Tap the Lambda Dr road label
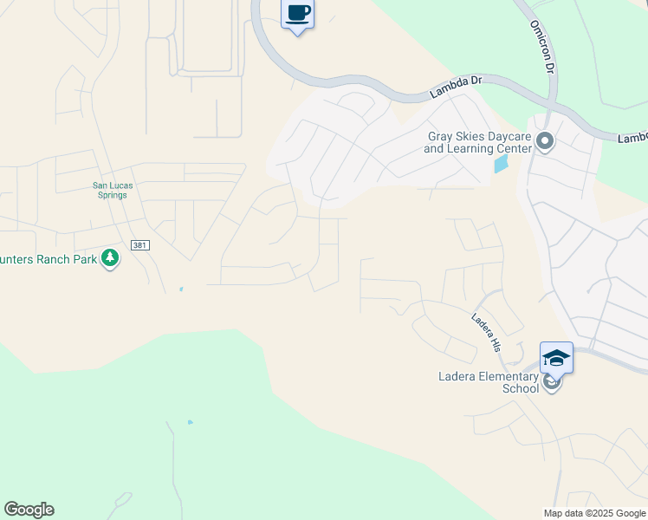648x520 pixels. [x=456, y=82]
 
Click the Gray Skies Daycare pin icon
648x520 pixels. [x=544, y=140]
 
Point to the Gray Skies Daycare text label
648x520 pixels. [x=477, y=142]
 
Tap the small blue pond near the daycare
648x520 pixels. [x=501, y=163]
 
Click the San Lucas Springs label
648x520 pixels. [x=110, y=190]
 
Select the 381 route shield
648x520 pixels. [x=140, y=245]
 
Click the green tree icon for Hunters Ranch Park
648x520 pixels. [x=110, y=257]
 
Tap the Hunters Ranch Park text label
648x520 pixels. [x=48, y=257]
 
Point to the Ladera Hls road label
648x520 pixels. [x=487, y=331]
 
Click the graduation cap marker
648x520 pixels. [x=556, y=357]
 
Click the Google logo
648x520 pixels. [x=29, y=510]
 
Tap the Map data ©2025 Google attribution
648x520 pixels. [x=593, y=513]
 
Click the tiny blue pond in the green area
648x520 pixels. [x=190, y=422]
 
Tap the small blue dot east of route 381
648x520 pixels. [x=180, y=289]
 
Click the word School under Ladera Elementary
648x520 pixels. [x=521, y=388]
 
